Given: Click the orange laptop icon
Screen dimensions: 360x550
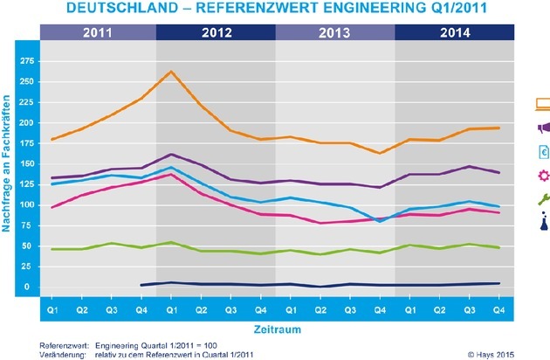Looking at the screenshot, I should [x=542, y=106].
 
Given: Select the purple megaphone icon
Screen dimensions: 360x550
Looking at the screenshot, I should [x=542, y=129].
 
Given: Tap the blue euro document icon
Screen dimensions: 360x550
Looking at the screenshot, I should [x=542, y=153].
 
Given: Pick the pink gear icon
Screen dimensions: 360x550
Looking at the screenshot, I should [x=542, y=177].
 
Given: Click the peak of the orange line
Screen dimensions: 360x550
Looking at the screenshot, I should [x=171, y=72].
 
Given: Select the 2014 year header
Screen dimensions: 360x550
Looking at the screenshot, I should [x=455, y=33].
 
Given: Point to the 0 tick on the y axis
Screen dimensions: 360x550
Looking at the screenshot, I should [x=30, y=287].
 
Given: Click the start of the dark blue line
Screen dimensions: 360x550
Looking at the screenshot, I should [x=141, y=285].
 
